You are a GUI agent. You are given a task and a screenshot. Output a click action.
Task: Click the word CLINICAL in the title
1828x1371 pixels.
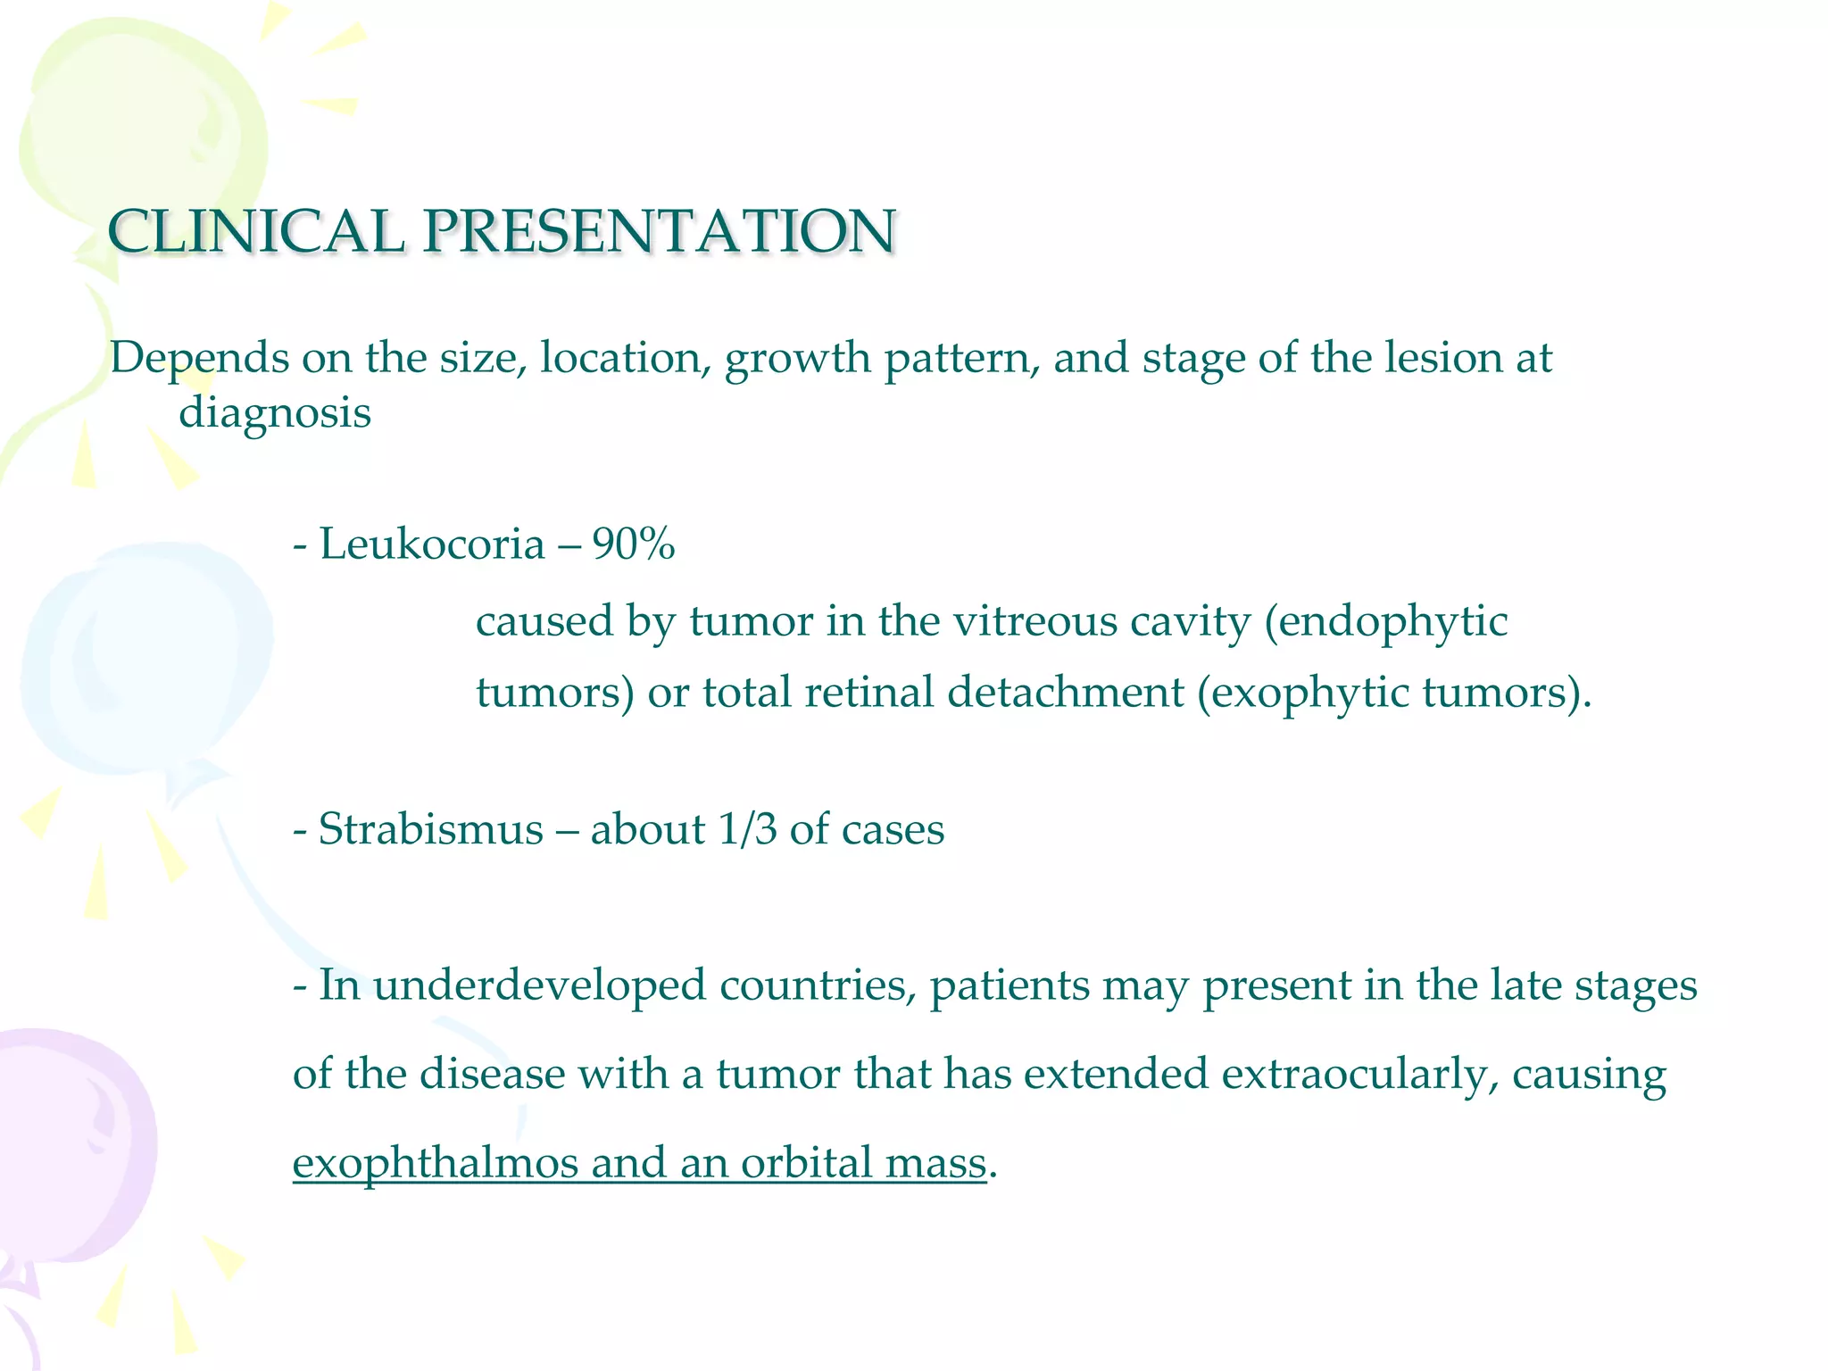(x=255, y=232)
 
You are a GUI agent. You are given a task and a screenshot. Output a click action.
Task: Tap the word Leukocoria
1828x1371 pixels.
(x=431, y=544)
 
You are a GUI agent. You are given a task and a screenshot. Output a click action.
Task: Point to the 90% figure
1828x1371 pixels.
(x=633, y=544)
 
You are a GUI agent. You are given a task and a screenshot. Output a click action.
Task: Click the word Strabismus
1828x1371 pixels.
(x=430, y=829)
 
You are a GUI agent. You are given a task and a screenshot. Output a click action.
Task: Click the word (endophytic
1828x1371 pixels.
(x=1385, y=623)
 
